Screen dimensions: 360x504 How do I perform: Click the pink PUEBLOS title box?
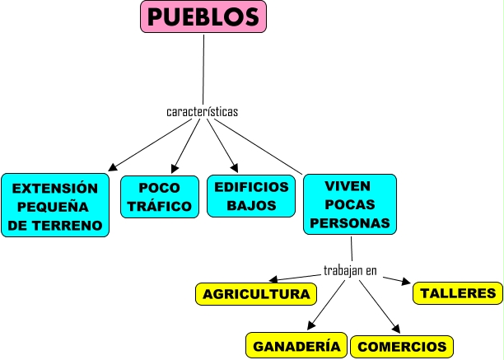point(203,16)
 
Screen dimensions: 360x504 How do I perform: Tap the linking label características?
point(202,111)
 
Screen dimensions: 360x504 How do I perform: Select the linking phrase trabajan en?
point(350,269)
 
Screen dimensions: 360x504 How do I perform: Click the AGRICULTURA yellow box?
point(256,294)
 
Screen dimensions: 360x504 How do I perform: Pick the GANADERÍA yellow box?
point(296,346)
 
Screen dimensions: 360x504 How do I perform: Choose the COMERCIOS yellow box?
point(402,347)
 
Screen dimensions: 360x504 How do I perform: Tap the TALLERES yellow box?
point(458,293)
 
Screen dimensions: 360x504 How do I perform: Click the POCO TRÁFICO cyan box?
point(160,196)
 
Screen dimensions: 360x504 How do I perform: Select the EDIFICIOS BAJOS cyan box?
point(251,196)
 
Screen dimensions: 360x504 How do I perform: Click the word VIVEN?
point(349,185)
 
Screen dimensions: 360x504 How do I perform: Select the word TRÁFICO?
point(160,206)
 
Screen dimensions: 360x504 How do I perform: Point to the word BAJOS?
point(251,206)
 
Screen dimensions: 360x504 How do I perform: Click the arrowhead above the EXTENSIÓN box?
point(114,167)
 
